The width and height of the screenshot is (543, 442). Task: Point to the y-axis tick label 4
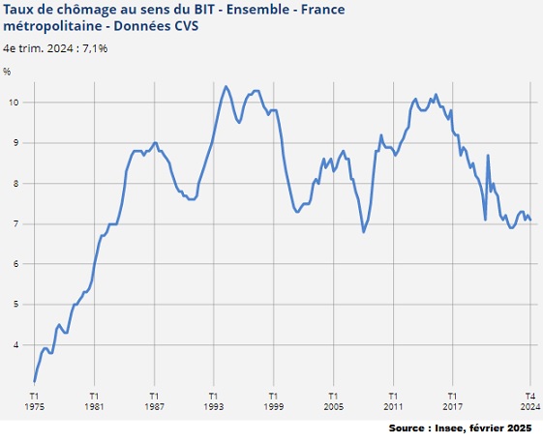pos(14,345)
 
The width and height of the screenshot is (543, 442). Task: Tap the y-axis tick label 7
pos(14,223)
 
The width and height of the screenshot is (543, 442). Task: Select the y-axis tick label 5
pos(14,305)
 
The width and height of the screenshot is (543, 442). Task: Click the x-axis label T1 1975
pos(34,401)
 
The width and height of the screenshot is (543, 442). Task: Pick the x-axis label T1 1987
pos(154,401)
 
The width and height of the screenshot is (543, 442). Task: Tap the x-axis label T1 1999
pos(273,401)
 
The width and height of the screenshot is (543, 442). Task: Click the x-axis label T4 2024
pos(530,401)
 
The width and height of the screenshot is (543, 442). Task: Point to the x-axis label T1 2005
pos(333,401)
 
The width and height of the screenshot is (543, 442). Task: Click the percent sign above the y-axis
pos(7,72)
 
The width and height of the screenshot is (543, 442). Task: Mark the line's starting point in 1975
pos(34,381)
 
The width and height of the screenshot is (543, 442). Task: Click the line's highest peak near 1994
pos(226,86)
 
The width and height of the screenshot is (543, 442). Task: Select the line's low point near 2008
pos(363,231)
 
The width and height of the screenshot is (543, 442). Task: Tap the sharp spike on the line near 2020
pos(488,156)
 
